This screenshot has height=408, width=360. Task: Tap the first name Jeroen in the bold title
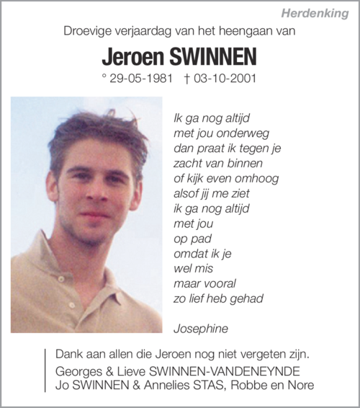(133, 56)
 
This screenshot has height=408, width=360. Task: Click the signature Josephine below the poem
(201, 328)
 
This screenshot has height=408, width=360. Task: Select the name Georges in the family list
(77, 371)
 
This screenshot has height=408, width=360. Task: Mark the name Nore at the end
(300, 385)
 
